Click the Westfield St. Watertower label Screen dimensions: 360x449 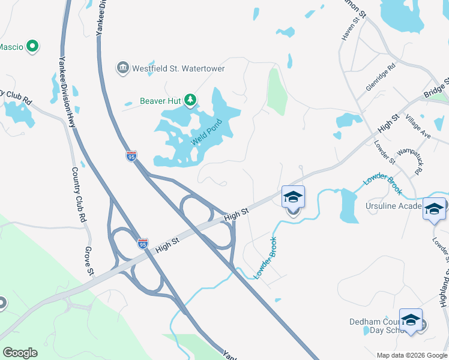(x=179, y=68)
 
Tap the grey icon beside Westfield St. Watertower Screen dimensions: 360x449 (x=124, y=67)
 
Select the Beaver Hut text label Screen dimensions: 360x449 (x=160, y=101)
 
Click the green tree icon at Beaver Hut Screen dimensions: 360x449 (x=190, y=100)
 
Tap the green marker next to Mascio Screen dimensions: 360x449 (x=33, y=46)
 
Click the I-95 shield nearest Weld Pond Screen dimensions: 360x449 (x=131, y=157)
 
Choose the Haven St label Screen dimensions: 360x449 (x=348, y=28)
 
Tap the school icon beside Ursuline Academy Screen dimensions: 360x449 (x=434, y=209)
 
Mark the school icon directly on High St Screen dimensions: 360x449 (x=293, y=197)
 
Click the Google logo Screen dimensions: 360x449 (x=20, y=353)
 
